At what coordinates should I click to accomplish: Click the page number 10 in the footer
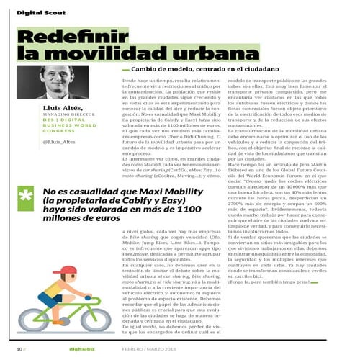point(19,350)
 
